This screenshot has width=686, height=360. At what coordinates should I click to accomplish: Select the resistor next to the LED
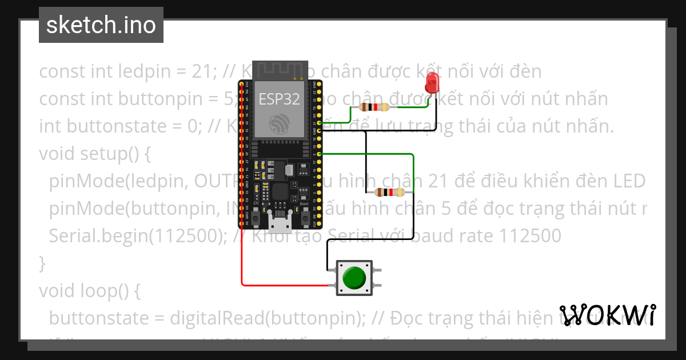373,107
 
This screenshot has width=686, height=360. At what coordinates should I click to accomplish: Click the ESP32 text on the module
279,99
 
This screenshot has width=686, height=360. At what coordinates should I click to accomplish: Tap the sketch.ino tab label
101,25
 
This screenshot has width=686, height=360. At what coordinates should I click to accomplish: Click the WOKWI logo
608,315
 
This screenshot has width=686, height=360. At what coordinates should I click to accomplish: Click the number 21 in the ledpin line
205,72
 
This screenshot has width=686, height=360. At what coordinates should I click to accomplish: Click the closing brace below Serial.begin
42,263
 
